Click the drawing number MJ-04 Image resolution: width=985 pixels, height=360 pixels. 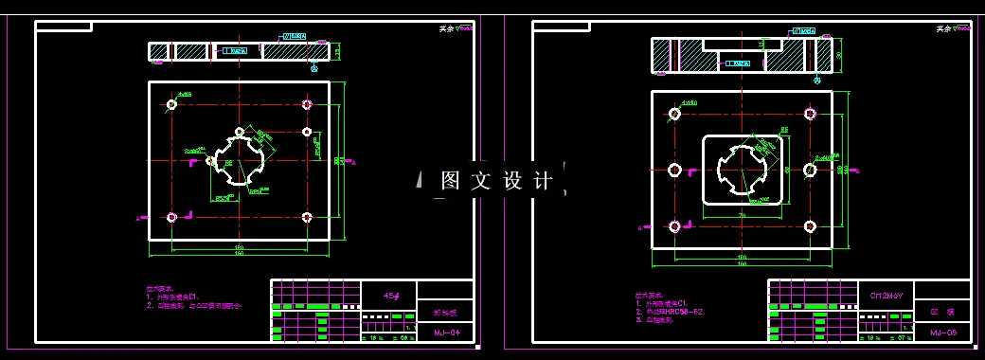coord(446,333)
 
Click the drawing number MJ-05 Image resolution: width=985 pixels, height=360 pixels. coord(944,333)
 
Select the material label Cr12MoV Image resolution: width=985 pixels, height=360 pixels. coord(891,296)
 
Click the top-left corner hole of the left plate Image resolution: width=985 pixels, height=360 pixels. coord(171,104)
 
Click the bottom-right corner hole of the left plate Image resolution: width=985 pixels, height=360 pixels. coord(307,217)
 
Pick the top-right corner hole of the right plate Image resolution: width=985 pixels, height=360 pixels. coord(810,114)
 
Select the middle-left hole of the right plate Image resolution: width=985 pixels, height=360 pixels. coord(674,170)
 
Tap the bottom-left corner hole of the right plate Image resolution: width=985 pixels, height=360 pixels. coord(674,225)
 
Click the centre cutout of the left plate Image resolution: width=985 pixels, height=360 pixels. coord(240,160)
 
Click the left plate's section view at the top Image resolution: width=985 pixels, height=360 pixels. coord(240,51)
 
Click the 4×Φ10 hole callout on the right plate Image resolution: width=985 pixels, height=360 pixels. coord(689,102)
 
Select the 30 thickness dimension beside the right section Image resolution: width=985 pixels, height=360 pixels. coord(839,55)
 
